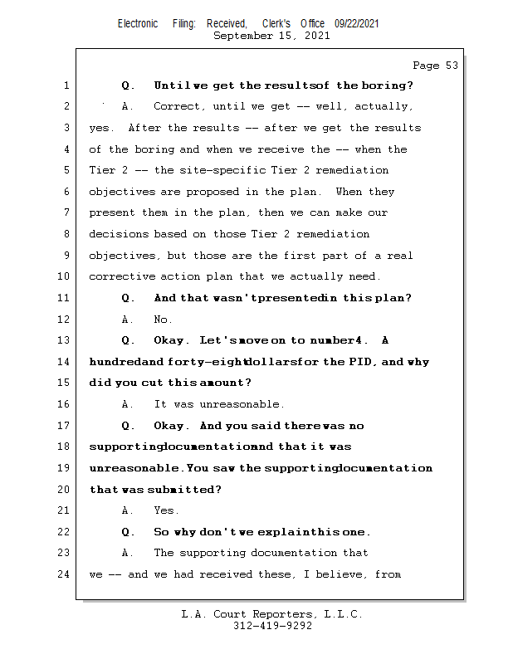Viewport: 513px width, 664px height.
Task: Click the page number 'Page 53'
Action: click(x=435, y=66)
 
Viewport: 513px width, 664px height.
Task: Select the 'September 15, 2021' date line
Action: click(x=271, y=36)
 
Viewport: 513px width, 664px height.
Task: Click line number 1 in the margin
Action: click(x=66, y=85)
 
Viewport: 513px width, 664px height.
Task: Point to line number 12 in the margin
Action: click(x=63, y=320)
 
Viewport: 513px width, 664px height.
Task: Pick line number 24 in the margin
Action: click(x=63, y=574)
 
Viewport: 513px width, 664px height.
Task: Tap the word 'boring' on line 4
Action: click(x=157, y=149)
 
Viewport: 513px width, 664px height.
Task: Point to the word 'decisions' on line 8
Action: click(x=118, y=234)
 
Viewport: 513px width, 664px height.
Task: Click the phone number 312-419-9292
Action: click(x=272, y=626)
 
